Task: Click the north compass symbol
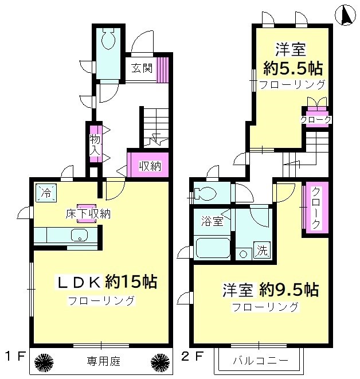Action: [x=345, y=14]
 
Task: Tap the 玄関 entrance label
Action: [x=142, y=68]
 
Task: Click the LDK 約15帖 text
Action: [x=106, y=282]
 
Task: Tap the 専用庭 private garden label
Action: [x=100, y=361]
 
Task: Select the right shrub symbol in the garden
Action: [x=159, y=361]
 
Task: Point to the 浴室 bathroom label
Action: [x=212, y=220]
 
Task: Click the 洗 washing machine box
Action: [x=261, y=250]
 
